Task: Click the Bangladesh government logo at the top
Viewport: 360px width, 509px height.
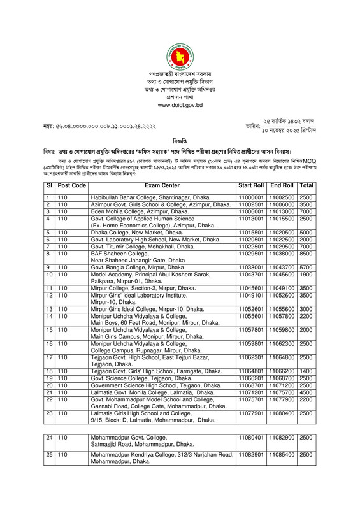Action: pyautogui.click(x=180, y=58)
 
